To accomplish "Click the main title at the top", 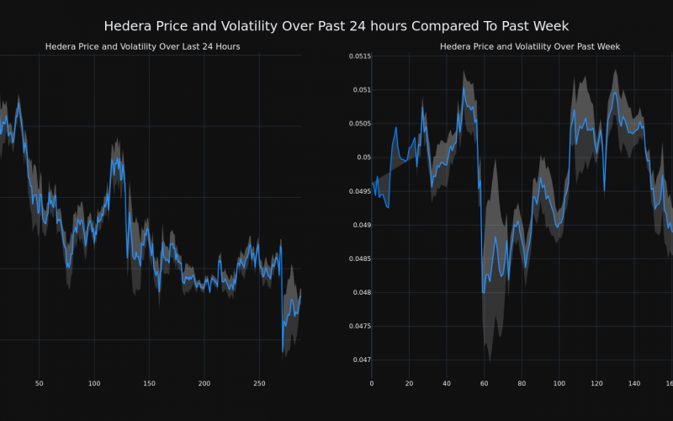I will (336, 26).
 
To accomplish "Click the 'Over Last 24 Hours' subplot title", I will (142, 46).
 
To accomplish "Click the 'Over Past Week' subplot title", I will (530, 46).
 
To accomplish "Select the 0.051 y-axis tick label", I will (359, 90).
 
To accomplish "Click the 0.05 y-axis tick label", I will (361, 157).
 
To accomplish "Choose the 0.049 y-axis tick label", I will (359, 225).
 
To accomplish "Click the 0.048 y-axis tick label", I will (359, 292).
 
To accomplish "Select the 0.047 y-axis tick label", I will (359, 360).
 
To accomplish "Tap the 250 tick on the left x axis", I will (259, 384).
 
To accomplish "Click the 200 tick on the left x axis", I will (204, 384).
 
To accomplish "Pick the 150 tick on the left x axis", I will (149, 384).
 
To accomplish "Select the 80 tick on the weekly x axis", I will (522, 384).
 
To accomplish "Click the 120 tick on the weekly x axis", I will (596, 384).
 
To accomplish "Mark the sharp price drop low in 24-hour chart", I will (283, 351).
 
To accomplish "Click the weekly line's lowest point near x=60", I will (483, 292).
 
